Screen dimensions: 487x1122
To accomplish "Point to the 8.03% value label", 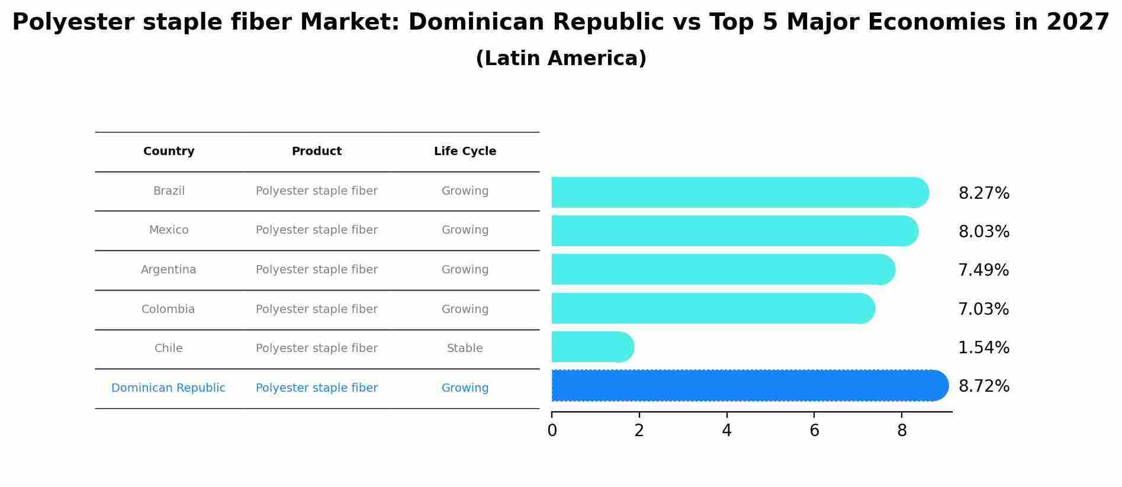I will [983, 231].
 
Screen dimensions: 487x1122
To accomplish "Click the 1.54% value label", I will [983, 347].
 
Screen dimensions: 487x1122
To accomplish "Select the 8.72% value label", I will [983, 386].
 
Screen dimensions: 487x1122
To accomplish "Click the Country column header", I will [169, 151].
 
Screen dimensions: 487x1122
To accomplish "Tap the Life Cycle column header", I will [465, 151].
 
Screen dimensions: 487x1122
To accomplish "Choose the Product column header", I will [316, 151].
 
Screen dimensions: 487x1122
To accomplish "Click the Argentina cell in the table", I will [169, 270].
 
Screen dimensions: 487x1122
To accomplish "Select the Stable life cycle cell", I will [465, 349].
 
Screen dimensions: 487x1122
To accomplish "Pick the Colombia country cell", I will [168, 309].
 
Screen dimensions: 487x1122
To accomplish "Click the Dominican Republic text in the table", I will [168, 388].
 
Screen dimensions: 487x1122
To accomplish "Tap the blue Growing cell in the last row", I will [465, 388].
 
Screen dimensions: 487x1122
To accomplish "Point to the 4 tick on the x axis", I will [726, 430].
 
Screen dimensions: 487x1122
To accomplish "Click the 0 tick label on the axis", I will [552, 430].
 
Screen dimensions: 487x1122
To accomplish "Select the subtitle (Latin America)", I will [561, 59].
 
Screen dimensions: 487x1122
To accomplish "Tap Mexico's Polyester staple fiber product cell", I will [316, 230].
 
